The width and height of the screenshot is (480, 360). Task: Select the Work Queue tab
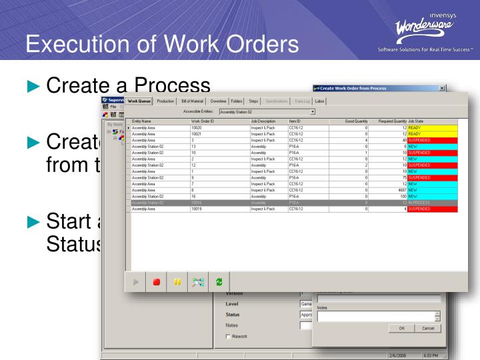point(140,101)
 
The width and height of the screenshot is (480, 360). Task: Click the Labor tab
point(319,101)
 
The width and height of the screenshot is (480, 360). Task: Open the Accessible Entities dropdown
point(312,111)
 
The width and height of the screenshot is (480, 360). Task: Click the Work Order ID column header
point(202,121)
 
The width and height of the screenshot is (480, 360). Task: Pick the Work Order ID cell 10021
point(198,133)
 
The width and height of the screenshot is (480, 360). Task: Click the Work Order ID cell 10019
point(198,209)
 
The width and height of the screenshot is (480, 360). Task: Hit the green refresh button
point(219,282)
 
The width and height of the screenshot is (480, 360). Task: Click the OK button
point(401,329)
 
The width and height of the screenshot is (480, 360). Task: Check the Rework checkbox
point(228,336)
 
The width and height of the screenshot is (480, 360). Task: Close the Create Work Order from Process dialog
point(443,88)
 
